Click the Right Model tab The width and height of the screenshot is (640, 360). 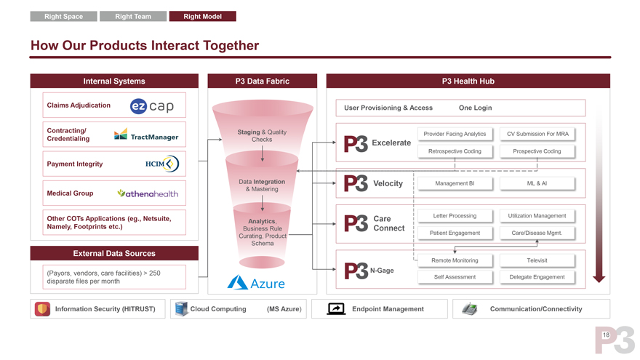(x=202, y=16)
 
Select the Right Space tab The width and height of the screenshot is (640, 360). (x=63, y=16)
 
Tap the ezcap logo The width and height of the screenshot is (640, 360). (x=152, y=106)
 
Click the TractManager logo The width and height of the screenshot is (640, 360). (x=146, y=135)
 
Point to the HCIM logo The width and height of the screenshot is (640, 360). (x=161, y=164)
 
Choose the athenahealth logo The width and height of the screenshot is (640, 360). (x=148, y=193)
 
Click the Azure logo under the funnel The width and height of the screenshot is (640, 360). (x=256, y=283)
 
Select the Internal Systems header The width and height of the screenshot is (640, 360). (x=114, y=81)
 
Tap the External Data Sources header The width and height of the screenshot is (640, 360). (x=114, y=253)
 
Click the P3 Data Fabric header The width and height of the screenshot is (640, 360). (x=262, y=81)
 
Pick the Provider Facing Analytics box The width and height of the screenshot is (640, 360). (x=455, y=134)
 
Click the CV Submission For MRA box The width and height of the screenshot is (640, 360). (x=537, y=134)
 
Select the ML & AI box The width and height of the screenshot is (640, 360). (x=537, y=183)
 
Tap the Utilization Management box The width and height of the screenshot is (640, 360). (x=537, y=216)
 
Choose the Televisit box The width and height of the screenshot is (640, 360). (x=537, y=260)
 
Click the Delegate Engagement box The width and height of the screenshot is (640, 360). (x=537, y=277)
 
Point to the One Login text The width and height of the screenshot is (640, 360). (x=475, y=108)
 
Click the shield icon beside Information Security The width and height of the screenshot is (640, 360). (x=43, y=309)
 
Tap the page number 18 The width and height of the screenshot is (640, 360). (x=605, y=335)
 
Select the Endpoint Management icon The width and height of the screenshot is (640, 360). (x=336, y=309)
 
